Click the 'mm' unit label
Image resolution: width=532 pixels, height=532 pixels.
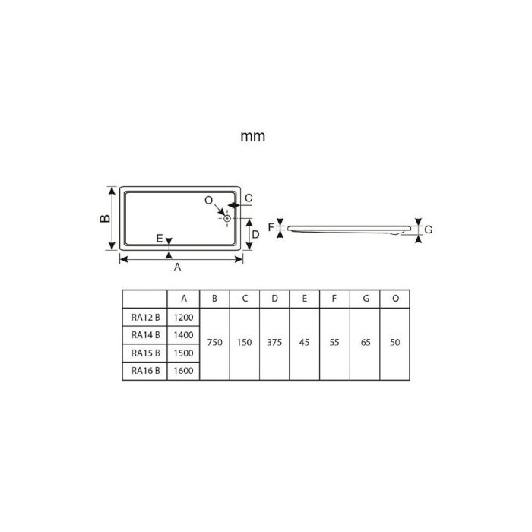252,137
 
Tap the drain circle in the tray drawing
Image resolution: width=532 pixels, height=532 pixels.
227,219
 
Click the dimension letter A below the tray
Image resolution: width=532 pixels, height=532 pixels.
178,268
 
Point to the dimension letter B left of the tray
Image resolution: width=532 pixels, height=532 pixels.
106,218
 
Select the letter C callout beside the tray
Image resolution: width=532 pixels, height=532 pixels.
249,198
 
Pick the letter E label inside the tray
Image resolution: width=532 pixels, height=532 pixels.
159,239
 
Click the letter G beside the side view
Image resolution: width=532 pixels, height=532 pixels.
428,230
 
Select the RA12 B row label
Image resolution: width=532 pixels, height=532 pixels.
144,317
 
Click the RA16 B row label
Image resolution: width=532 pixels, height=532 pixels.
144,370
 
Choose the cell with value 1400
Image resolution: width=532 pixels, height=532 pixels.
183,334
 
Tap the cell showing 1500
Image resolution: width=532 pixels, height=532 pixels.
183,353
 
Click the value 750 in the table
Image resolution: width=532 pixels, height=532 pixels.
214,344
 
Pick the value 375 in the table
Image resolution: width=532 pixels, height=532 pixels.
274,344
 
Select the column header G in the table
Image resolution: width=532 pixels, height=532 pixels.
366,299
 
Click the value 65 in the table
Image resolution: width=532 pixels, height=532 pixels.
366,344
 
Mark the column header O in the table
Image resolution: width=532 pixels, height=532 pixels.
395,299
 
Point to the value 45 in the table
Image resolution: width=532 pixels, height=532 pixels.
305,344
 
